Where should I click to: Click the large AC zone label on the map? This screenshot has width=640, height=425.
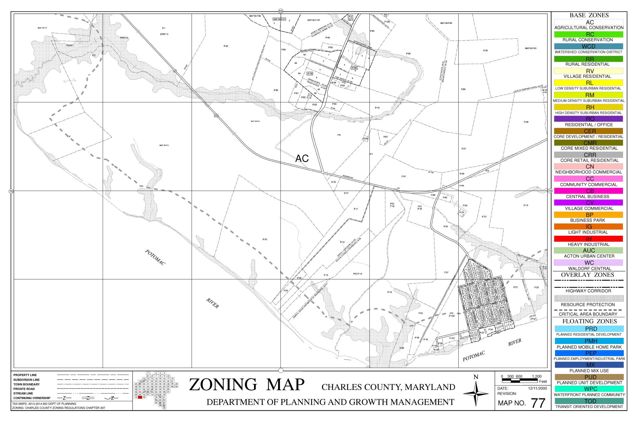click(x=302, y=159)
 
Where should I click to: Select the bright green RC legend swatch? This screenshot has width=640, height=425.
click(x=589, y=34)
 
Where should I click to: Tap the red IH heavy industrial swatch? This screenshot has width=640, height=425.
click(x=589, y=239)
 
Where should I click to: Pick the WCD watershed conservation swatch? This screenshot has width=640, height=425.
click(x=589, y=46)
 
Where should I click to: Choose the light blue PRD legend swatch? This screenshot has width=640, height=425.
click(x=589, y=329)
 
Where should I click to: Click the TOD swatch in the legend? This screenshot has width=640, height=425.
click(x=589, y=401)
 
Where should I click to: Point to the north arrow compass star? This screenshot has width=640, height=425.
click(x=476, y=394)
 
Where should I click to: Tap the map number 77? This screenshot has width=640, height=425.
click(x=538, y=403)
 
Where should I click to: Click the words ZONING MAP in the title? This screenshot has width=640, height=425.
click(x=247, y=385)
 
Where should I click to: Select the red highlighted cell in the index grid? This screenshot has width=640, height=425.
click(x=140, y=397)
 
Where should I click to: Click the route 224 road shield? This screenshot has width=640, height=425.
click(x=216, y=116)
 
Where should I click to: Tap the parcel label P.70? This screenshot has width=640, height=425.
click(x=265, y=239)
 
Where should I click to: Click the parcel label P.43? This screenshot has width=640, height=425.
click(x=226, y=46)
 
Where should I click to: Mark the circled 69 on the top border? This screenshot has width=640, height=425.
click(x=281, y=11)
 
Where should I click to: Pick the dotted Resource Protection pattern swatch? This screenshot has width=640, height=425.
click(x=589, y=298)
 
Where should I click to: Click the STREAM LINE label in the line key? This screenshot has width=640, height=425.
click(x=23, y=393)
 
